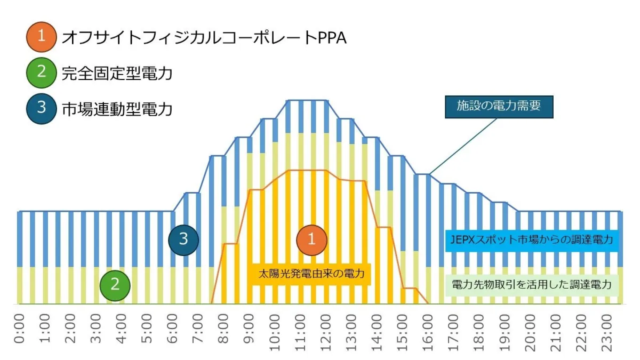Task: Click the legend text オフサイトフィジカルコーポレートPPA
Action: pos(204,37)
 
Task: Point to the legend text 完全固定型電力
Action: pos(117,73)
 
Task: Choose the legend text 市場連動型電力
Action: pos(117,109)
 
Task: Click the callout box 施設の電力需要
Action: pos(499,106)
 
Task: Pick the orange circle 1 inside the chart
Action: pos(312,239)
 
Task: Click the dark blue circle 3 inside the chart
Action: pos(183,239)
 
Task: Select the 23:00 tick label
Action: pos(606,332)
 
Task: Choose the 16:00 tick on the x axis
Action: pos(428,332)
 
